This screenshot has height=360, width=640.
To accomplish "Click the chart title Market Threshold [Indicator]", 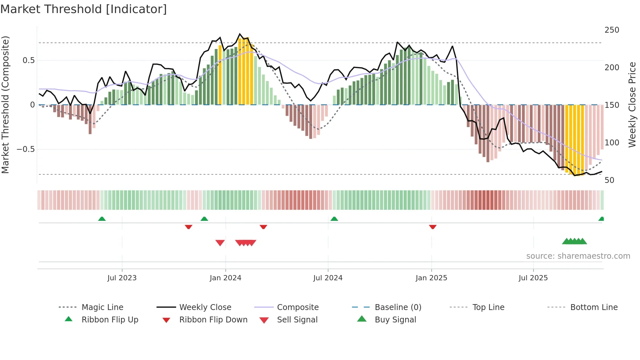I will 84,9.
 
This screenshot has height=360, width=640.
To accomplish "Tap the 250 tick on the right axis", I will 612,30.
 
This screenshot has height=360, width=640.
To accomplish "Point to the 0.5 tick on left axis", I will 28,60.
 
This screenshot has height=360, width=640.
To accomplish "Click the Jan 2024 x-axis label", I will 225,278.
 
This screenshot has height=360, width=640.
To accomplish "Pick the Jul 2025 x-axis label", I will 533,278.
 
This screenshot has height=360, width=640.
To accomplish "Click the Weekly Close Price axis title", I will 632,105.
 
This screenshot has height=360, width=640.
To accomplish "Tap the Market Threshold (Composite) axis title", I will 5,105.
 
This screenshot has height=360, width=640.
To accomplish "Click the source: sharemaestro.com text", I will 578,256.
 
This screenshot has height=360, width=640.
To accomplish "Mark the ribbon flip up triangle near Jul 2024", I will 334,219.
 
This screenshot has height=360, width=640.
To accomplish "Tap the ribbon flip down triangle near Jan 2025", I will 433,227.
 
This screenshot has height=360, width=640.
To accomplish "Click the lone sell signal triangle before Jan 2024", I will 220,243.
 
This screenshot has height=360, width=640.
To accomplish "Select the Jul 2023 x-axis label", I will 122,278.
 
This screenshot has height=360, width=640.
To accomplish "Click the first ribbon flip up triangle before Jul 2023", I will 102,219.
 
